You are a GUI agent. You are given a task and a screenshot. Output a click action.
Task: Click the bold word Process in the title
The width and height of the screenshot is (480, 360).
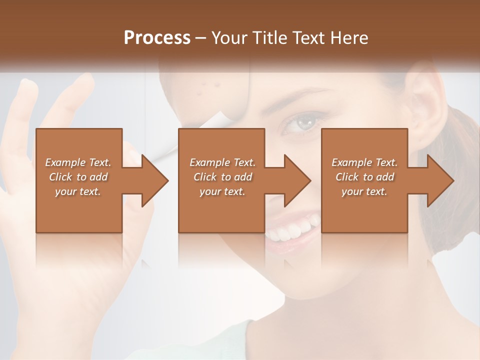coord(157,37)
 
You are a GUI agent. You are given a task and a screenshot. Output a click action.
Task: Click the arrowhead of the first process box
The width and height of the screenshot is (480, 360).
coord(155,180)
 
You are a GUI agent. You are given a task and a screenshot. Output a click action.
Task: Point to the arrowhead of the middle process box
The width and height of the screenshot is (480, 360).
coord(298,180)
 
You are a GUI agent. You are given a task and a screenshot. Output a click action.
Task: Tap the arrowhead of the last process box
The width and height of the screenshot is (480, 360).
coord(441,180)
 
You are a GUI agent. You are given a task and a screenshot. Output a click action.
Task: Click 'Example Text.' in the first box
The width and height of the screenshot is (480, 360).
coord(78,162)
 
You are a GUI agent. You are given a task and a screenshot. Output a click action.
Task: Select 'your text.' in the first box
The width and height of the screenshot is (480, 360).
coord(78,191)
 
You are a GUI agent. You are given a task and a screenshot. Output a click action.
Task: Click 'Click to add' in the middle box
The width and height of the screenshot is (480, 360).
coord(222,177)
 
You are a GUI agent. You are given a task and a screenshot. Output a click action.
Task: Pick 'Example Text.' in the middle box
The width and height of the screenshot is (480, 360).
coord(222,162)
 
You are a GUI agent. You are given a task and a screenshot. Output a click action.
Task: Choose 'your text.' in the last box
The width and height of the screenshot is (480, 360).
coord(364,191)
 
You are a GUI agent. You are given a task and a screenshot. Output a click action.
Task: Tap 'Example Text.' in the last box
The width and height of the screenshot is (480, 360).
coord(364,162)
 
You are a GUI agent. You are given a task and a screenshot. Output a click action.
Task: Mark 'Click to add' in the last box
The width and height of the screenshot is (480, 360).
coord(364,177)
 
